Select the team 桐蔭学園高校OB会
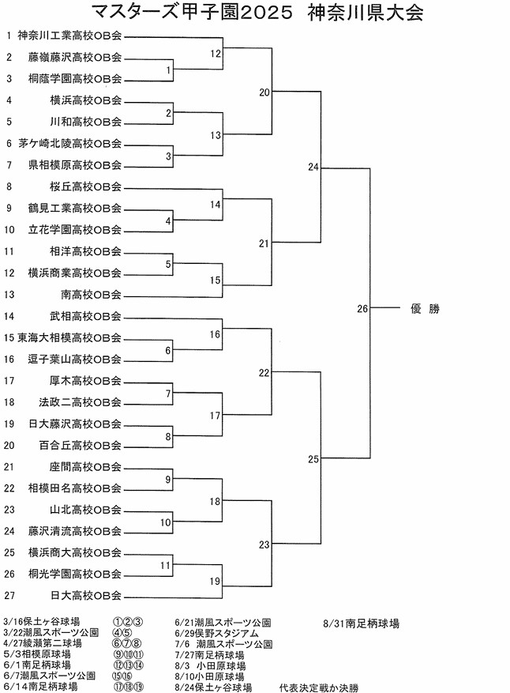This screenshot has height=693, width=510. pos(75,78)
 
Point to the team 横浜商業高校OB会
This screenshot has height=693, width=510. pos(75,273)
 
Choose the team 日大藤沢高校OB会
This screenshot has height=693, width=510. pos(75,424)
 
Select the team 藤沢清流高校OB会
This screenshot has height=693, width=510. pos(75,531)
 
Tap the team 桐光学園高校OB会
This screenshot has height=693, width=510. pos(75,574)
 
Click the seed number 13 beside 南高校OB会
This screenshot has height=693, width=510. pos(9,295)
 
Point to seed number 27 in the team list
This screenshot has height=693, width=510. pos(9,595)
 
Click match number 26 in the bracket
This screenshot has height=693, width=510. pos(362,309)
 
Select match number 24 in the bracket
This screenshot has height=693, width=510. pos(314,168)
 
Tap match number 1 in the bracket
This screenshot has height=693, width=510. pos(169,71)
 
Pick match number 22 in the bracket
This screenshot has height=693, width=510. pos(264,372)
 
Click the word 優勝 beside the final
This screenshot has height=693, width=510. pos(425,309)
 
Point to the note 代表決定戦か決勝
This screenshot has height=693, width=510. pos(319,687)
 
